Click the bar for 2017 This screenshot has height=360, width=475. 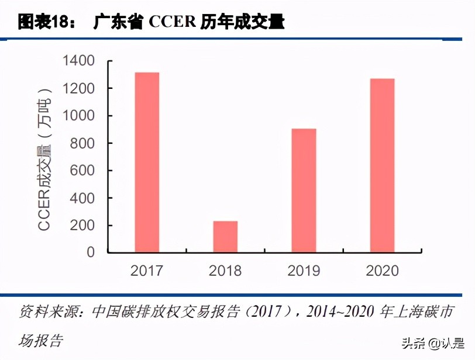coord(147,162)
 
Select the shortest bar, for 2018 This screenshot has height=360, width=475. coord(225,237)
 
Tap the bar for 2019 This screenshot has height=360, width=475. coord(304,191)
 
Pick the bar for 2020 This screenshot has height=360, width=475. coord(382,165)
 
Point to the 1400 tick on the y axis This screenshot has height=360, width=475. coord(78,61)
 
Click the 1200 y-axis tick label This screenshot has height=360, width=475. coord(78,88)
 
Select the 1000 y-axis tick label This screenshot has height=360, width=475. coord(78,116)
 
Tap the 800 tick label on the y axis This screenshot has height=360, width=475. coord(82,143)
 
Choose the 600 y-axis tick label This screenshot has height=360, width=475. coord(82,171)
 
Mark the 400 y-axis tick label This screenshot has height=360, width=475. coord(82,198)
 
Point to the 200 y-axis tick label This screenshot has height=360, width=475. coord(82,226)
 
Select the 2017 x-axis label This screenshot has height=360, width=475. coord(147,271)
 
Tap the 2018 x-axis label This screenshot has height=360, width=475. coord(225,271)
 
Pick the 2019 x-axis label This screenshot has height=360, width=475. coord(304,271)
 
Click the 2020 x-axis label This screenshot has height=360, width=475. coord(382,271)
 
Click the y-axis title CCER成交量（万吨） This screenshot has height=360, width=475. coord(45,158)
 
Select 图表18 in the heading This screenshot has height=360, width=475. coord(43,23)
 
